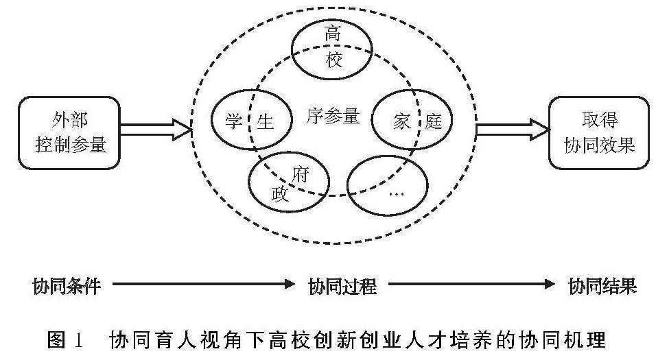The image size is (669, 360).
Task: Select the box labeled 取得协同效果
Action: pyautogui.click(x=599, y=132)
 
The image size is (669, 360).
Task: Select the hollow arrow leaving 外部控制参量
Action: pyautogui.click(x=156, y=129)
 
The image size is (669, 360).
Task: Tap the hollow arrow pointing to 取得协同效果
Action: pyautogui.click(x=512, y=129)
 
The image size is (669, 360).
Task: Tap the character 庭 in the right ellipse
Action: pyautogui.click(x=434, y=122)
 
